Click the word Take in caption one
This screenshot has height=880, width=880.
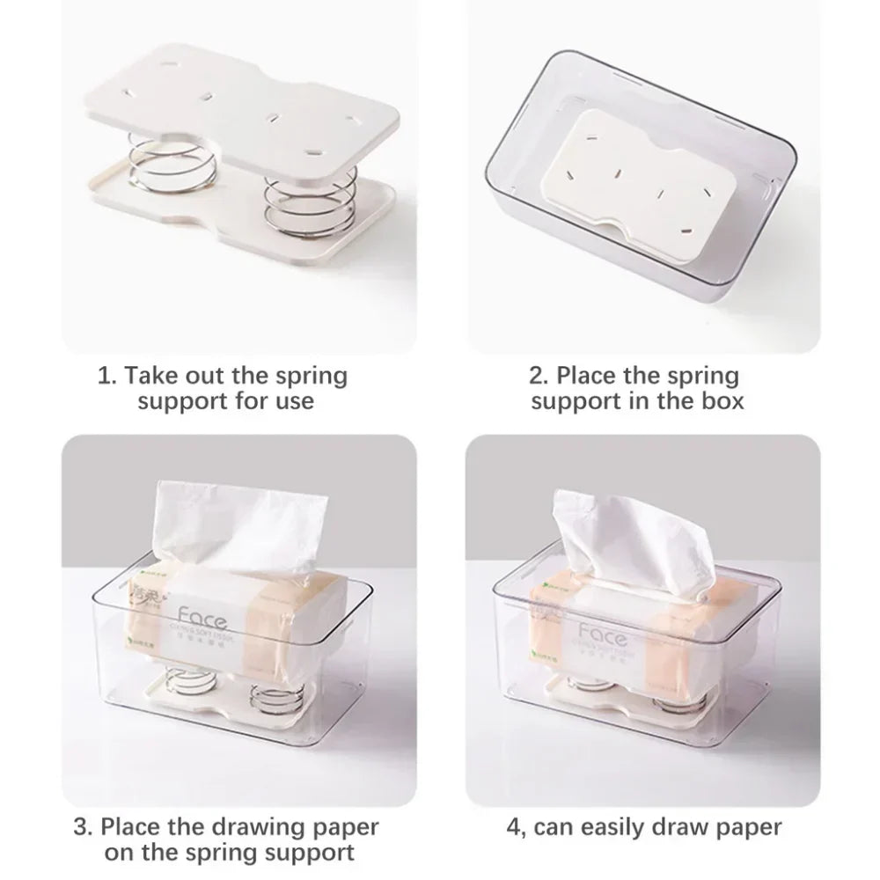(x=153, y=377)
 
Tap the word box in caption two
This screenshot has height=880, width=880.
(x=722, y=401)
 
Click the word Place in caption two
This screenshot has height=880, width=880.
(x=590, y=377)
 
